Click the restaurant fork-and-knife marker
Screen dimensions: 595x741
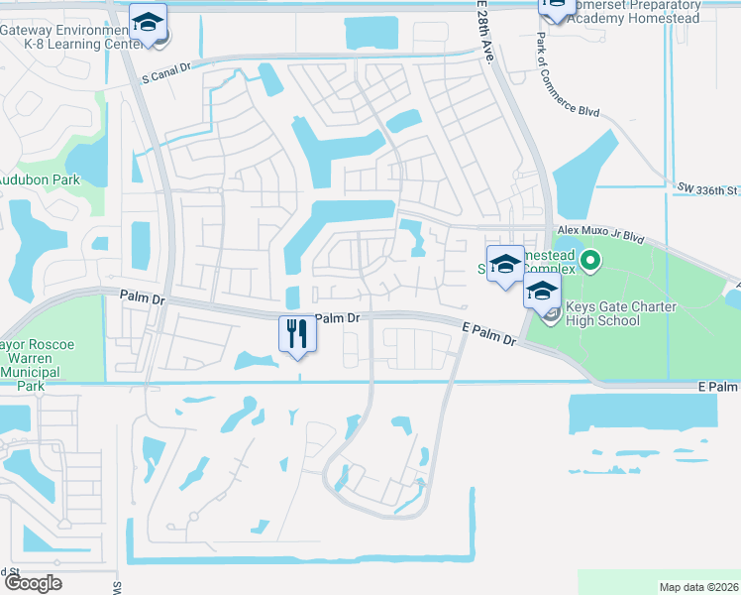coord(295,332)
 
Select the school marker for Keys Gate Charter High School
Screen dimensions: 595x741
coord(542,291)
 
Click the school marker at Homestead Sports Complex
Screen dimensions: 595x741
coord(505,264)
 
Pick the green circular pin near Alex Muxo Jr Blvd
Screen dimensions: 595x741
coord(590,263)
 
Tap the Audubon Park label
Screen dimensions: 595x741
coord(40,180)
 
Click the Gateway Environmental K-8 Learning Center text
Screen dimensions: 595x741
coord(69,37)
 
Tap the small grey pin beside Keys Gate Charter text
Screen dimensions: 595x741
coord(553,313)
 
